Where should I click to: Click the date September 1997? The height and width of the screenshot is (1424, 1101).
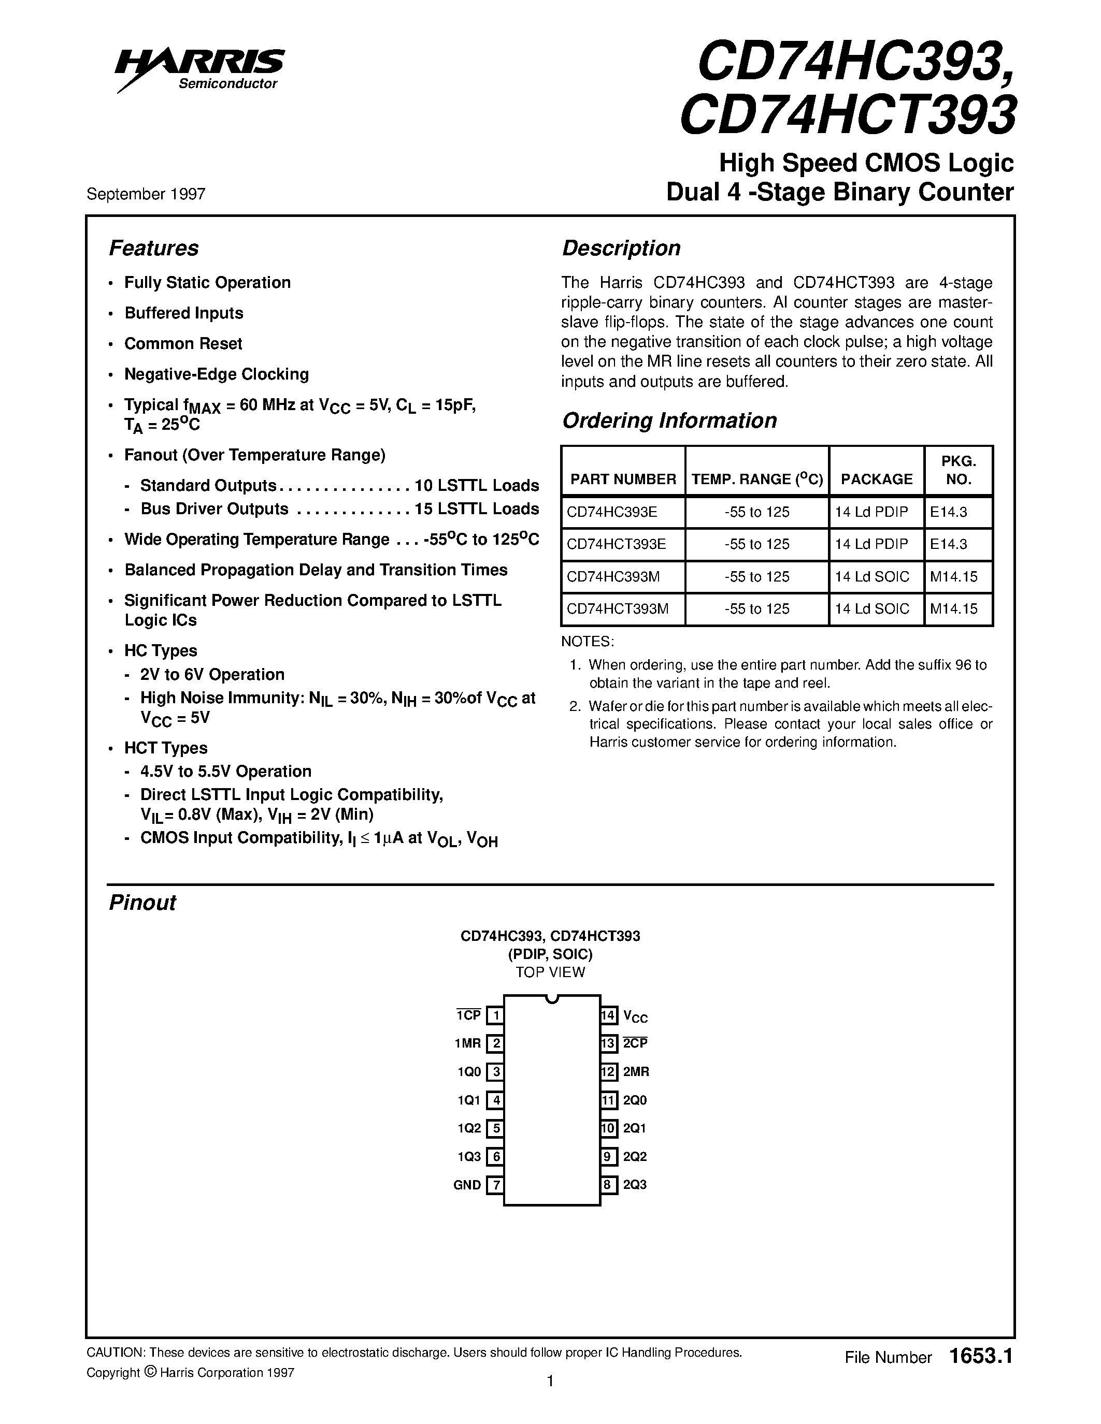tap(146, 194)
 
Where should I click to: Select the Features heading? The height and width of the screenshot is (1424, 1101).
tap(153, 249)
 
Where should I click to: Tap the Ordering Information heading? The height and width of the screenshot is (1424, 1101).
tap(669, 420)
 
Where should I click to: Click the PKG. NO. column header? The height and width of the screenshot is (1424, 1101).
tap(958, 471)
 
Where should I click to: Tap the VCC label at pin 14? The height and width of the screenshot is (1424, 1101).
tap(635, 1016)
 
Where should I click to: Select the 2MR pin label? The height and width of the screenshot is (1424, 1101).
tap(635, 1072)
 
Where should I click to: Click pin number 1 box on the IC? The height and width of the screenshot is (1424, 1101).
tap(496, 1016)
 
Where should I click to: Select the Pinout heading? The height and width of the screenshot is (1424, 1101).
tap(142, 903)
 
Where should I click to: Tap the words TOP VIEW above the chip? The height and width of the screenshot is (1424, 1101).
tap(550, 972)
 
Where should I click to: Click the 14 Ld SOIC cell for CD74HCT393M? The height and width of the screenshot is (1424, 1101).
tap(871, 609)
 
